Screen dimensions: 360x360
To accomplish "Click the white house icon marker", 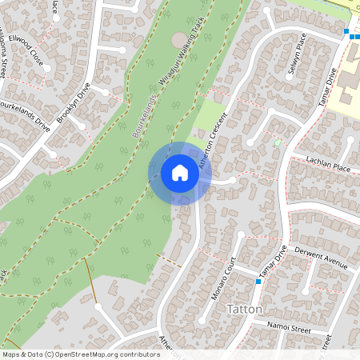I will (180, 172).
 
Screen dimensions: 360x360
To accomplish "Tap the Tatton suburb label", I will (245, 309).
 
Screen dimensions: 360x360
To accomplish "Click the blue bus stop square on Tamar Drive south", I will (258, 282).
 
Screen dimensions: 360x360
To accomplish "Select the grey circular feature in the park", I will (178, 39).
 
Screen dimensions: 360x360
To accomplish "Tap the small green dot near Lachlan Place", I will (278, 142).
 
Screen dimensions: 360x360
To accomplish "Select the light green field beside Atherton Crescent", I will (210, 116).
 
